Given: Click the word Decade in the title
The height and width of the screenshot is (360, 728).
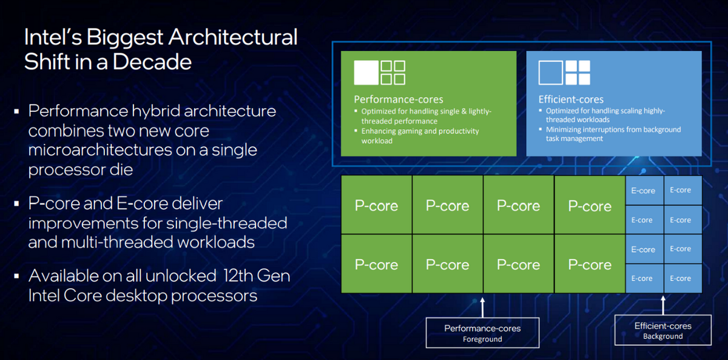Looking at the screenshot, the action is [x=152, y=62].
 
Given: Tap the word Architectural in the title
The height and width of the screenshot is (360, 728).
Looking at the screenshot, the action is [x=233, y=37].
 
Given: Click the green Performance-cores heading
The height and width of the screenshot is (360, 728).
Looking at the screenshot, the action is [x=399, y=99].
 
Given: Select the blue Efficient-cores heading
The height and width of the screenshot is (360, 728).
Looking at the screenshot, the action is [x=571, y=99].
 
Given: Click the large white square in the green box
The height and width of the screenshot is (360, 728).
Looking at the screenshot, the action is [x=366, y=72].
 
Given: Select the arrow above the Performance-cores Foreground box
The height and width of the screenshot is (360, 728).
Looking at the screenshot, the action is [x=482, y=307].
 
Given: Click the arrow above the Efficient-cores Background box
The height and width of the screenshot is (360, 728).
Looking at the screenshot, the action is [x=663, y=305].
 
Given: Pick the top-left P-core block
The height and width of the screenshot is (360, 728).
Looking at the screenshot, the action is [x=376, y=205].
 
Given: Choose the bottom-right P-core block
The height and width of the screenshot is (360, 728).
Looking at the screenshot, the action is [x=590, y=264].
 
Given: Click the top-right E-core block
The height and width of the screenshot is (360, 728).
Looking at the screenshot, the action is [x=683, y=190].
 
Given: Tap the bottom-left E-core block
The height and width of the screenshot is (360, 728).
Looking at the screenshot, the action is [x=644, y=279].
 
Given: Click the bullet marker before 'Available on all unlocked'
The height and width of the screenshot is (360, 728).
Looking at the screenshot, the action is [x=16, y=276].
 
